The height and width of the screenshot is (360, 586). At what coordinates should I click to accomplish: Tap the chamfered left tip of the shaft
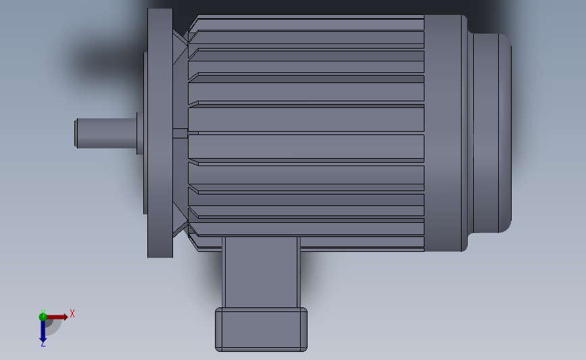pyautogui.click(x=76, y=132)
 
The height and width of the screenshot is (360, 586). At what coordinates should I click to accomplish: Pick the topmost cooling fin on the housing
pyautogui.click(x=308, y=23)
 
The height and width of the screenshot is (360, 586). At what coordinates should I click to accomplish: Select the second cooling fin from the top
pyautogui.click(x=308, y=39)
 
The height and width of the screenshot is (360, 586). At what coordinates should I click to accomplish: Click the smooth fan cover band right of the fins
pyautogui.click(x=443, y=132)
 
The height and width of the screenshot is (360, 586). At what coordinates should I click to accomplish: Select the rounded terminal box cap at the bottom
pyautogui.click(x=261, y=330)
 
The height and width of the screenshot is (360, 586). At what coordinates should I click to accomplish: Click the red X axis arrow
pyautogui.click(x=58, y=316)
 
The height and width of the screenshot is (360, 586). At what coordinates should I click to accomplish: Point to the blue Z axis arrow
pyautogui.click(x=43, y=331)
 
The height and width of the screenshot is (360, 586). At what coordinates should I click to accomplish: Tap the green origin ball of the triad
pyautogui.click(x=43, y=316)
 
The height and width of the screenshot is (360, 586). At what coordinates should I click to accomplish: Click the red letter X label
pyautogui.click(x=72, y=313)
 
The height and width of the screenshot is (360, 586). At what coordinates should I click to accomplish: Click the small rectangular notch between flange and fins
pyautogui.click(x=180, y=133)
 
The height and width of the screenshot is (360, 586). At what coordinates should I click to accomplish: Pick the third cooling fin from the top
pyautogui.click(x=308, y=61)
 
